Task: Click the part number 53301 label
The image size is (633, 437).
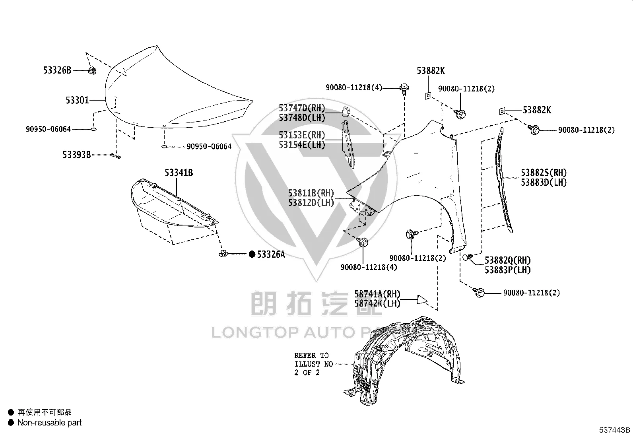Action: tap(77, 100)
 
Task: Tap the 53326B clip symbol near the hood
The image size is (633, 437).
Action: tap(92, 70)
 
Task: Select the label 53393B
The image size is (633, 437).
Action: tap(77, 155)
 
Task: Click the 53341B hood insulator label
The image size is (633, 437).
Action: tap(179, 173)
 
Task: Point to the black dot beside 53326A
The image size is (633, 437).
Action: tap(252, 254)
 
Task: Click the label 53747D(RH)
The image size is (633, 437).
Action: tap(302, 108)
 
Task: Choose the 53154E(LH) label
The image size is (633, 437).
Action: tap(302, 145)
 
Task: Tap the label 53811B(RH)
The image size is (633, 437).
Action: tap(311, 193)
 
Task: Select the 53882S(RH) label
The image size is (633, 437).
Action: tap(544, 173)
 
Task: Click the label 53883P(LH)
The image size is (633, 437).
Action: tap(508, 270)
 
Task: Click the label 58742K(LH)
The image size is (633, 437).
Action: tap(378, 303)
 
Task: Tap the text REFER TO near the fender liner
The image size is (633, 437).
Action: tap(311, 355)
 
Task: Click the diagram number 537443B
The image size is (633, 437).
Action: tap(615, 430)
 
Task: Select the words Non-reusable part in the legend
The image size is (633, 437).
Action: tap(49, 423)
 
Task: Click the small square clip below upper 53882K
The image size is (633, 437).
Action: tap(428, 96)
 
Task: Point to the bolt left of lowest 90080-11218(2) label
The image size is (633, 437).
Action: tap(479, 292)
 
